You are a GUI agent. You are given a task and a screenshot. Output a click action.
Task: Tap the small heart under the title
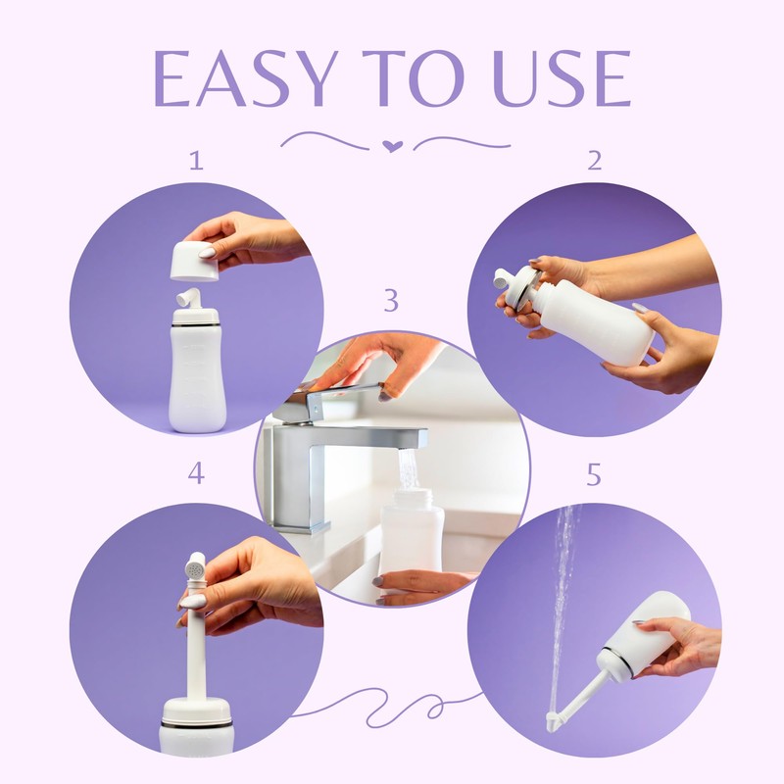point(392,146)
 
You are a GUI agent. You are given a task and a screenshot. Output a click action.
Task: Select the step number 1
point(196,161)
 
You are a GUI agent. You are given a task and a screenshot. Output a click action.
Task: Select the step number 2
point(594,161)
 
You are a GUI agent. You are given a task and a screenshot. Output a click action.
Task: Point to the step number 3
point(391,301)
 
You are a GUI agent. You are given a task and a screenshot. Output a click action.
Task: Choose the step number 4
point(196,475)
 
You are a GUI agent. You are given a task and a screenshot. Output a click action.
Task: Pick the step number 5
point(594,475)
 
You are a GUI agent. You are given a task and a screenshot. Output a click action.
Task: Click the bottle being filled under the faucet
point(411,534)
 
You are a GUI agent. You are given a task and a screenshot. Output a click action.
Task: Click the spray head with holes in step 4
point(195,566)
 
